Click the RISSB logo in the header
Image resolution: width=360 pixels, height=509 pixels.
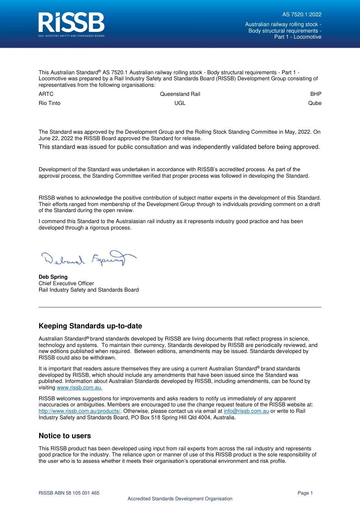71,24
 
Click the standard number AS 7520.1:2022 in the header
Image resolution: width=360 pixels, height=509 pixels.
302,15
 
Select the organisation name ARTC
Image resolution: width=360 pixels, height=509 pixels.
46,94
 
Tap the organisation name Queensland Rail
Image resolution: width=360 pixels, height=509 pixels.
180,94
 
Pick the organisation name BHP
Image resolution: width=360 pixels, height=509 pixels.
316,94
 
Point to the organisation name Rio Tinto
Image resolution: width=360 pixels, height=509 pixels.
50,103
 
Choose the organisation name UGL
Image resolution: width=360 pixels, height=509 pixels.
180,103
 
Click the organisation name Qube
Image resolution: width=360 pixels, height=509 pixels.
315,103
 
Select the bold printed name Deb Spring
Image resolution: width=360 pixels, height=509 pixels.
53,277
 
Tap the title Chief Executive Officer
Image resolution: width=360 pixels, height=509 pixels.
66,284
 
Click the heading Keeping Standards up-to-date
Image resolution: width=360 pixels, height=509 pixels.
90,326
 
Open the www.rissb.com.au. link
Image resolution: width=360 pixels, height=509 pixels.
80,388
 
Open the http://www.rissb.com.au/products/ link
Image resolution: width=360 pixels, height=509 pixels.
79,411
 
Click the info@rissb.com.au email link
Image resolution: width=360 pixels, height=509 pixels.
246,411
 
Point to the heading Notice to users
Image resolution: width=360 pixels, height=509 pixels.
65,436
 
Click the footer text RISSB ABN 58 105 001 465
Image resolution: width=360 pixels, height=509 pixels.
69,493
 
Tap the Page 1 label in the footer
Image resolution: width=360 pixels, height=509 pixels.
305,493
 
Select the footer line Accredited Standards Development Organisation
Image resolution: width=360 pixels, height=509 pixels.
180,499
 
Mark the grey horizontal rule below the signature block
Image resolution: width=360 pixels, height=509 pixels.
180,307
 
